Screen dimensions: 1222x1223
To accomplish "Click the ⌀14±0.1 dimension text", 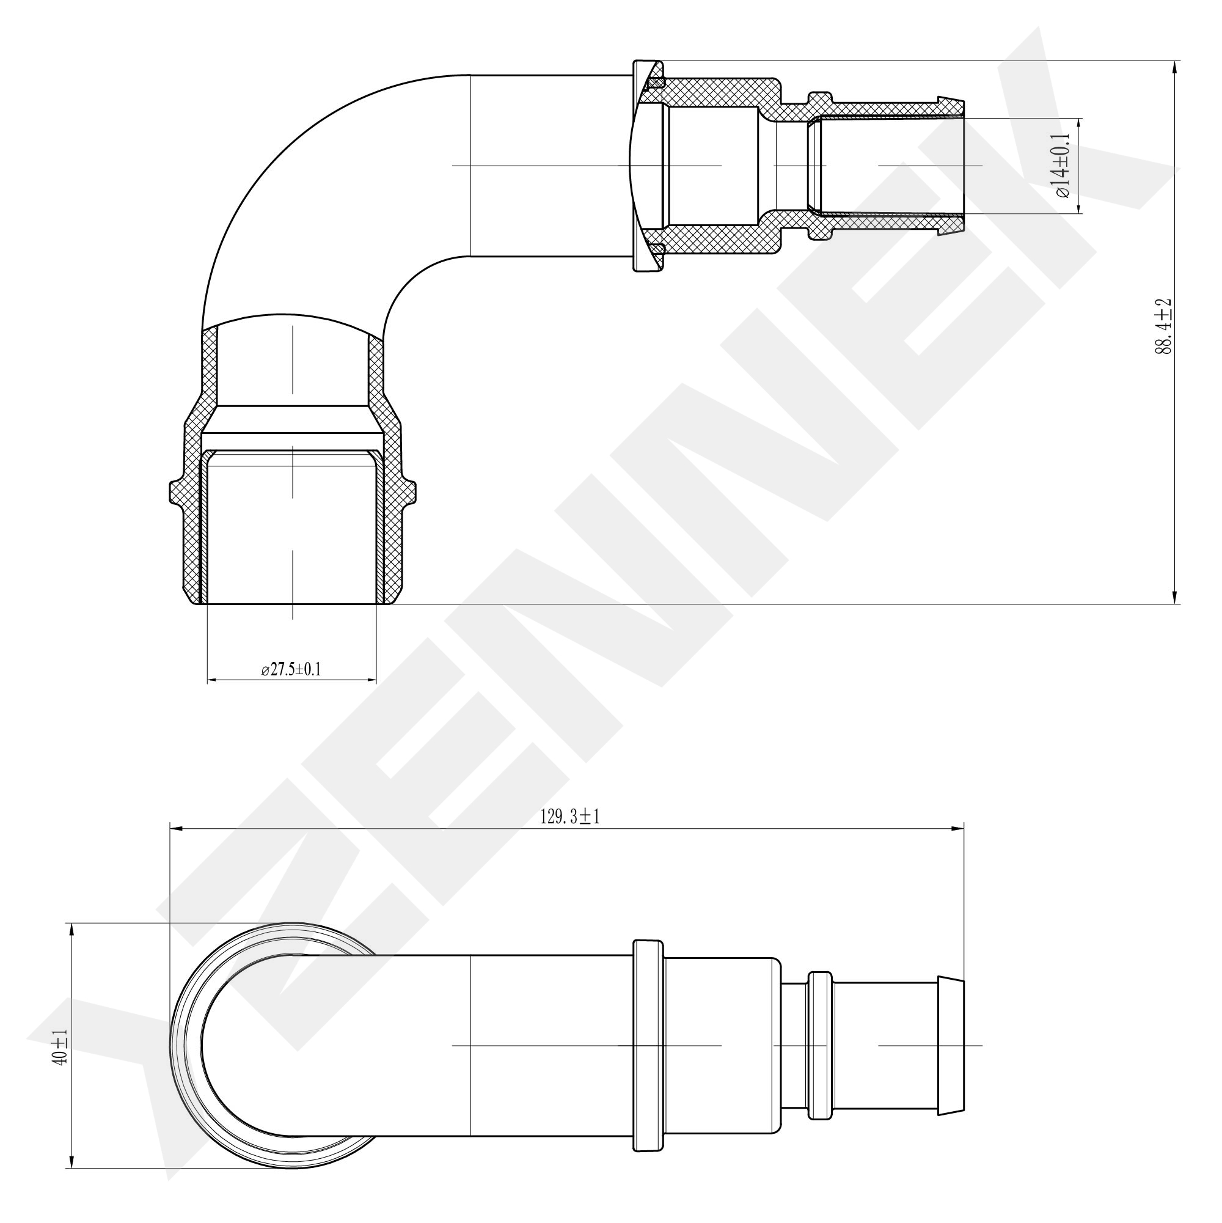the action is click(1061, 165).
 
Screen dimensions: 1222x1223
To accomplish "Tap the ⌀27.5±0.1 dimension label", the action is click(291, 670).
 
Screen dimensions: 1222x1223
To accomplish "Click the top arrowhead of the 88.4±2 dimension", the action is click(1175, 68).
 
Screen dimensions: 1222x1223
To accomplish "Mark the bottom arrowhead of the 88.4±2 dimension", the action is click(1175, 596).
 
